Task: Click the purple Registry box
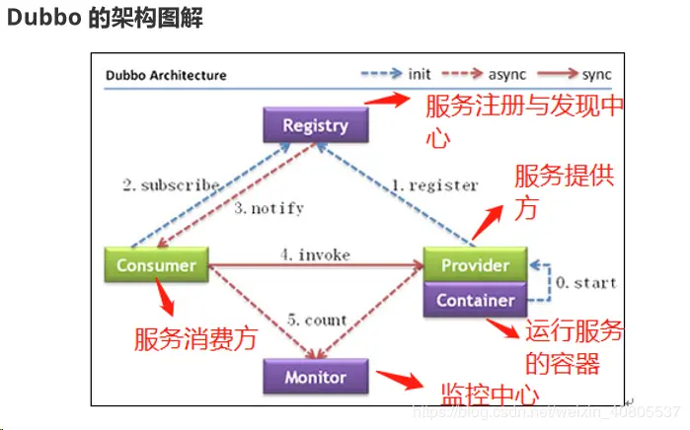pyautogui.click(x=315, y=125)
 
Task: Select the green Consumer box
pyautogui.click(x=156, y=265)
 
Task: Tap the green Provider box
pyautogui.click(x=475, y=265)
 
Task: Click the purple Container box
pyautogui.click(x=475, y=299)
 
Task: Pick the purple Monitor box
pyautogui.click(x=315, y=377)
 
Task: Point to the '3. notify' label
pyautogui.click(x=269, y=208)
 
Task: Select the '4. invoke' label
pyautogui.click(x=315, y=254)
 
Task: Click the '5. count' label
pyautogui.click(x=315, y=320)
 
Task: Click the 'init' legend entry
pyautogui.click(x=419, y=74)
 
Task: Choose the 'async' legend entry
pyautogui.click(x=502, y=74)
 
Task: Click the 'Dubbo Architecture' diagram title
pyautogui.click(x=166, y=75)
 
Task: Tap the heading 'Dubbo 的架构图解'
pyautogui.click(x=105, y=19)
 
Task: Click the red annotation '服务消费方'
pyautogui.click(x=195, y=339)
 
